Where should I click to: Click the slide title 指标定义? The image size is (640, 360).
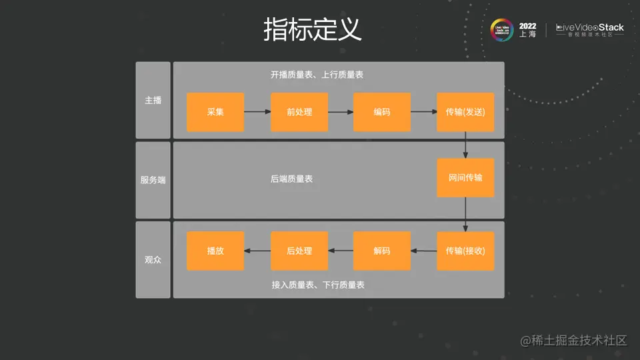click(x=312, y=30)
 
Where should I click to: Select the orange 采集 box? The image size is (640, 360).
click(x=215, y=112)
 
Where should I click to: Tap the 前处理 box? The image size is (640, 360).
click(x=299, y=112)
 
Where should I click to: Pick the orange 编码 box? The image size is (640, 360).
click(x=382, y=112)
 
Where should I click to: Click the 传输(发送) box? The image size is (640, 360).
click(x=465, y=112)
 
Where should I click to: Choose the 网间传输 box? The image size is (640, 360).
click(x=465, y=178)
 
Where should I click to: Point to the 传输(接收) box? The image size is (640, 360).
click(x=465, y=251)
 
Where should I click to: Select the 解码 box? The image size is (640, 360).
click(x=382, y=251)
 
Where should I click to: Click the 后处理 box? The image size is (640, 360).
click(x=299, y=251)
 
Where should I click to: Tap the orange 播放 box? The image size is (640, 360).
click(x=215, y=251)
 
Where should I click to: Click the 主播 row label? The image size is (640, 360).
click(x=153, y=100)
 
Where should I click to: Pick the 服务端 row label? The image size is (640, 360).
click(x=153, y=180)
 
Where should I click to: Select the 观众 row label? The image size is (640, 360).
click(x=153, y=260)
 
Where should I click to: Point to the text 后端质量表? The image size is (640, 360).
click(x=292, y=179)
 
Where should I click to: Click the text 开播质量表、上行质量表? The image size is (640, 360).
click(x=317, y=75)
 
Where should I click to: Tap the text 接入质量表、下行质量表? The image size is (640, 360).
click(x=318, y=285)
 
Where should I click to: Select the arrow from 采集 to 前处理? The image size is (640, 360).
click(x=257, y=112)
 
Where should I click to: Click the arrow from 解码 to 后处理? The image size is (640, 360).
click(x=341, y=251)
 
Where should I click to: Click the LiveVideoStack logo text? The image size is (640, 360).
click(x=590, y=28)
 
